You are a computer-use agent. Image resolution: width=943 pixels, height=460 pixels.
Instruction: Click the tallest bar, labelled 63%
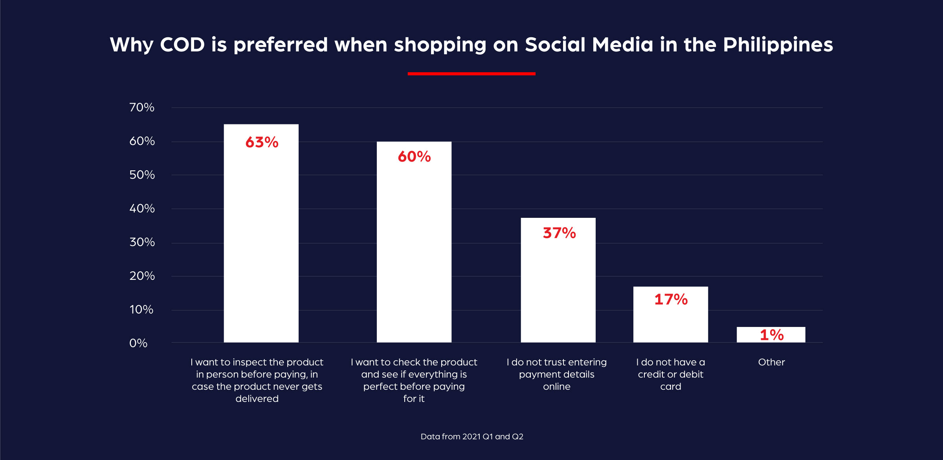click(x=261, y=235)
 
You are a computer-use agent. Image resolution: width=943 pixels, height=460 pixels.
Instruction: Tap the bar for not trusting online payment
click(x=558, y=283)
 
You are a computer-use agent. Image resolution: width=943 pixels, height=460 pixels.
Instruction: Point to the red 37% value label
click(x=559, y=233)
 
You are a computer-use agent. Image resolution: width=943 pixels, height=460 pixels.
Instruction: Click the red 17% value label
click(x=671, y=299)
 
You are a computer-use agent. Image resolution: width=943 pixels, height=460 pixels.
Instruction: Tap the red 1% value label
click(x=772, y=335)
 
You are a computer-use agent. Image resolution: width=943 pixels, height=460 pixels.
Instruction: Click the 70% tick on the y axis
click(x=142, y=107)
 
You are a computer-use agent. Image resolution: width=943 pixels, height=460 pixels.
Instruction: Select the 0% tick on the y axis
click(x=138, y=343)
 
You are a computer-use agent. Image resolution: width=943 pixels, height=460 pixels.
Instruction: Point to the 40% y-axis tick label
click(x=142, y=208)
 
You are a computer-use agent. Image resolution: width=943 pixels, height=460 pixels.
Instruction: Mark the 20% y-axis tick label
click(x=142, y=276)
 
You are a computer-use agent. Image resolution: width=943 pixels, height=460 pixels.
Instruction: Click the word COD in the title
click(x=182, y=44)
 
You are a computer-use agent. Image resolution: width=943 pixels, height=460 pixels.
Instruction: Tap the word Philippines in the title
click(x=778, y=44)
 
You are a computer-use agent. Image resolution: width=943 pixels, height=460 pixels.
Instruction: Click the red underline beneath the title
click(x=472, y=73)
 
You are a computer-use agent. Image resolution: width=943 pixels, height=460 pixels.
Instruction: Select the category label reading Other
click(x=771, y=362)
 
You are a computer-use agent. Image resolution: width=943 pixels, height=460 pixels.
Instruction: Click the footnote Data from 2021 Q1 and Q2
click(x=472, y=436)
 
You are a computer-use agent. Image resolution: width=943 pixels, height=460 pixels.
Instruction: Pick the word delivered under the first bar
click(x=257, y=399)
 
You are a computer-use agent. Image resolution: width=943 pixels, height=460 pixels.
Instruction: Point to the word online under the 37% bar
click(x=557, y=387)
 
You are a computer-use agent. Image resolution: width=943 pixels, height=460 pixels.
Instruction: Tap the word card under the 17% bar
click(x=671, y=387)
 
